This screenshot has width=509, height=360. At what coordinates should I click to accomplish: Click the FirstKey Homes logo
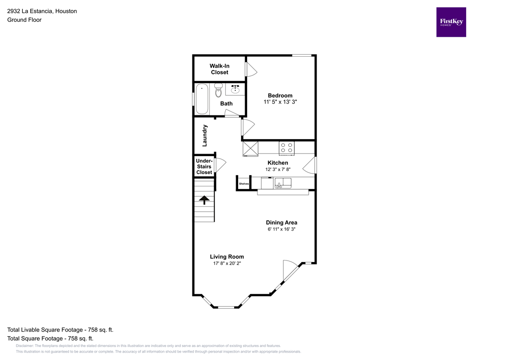(451, 22)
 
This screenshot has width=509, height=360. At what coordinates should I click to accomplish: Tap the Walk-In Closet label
(219, 69)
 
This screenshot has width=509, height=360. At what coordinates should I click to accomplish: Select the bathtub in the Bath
(201, 99)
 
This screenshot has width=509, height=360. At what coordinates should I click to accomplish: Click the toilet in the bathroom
(218, 91)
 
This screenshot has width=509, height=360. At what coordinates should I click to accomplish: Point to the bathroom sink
(235, 90)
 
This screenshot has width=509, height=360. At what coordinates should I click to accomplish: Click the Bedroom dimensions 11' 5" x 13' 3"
(280, 102)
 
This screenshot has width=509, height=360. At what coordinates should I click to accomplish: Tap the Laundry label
(204, 135)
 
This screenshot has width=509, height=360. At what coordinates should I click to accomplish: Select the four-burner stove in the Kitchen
(286, 147)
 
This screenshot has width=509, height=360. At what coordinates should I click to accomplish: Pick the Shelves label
(244, 183)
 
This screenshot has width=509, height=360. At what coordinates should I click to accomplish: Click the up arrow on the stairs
(204, 200)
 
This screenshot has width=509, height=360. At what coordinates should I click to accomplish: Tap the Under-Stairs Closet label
(204, 167)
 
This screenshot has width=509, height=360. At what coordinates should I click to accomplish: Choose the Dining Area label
(281, 222)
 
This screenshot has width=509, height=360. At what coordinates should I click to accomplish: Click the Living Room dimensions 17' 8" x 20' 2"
(227, 264)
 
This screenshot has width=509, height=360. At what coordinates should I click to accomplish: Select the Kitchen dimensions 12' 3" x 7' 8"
(278, 170)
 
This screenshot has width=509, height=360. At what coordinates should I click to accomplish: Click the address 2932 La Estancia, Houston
(42, 11)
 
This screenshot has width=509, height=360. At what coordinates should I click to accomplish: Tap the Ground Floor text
(24, 20)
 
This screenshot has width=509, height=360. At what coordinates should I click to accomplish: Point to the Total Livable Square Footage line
(60, 330)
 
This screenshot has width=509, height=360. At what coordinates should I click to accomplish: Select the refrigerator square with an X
(250, 148)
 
